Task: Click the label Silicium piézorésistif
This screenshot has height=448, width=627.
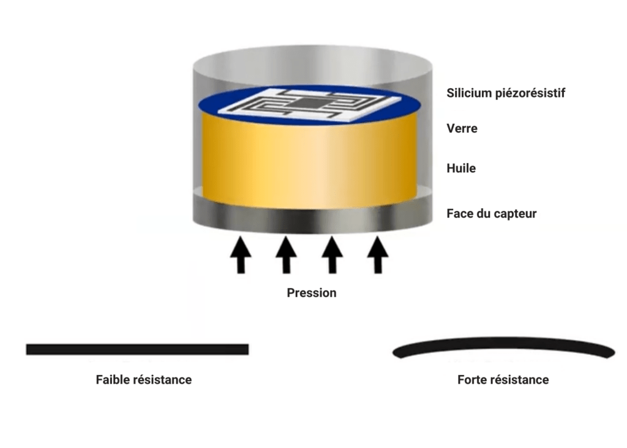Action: point(506,93)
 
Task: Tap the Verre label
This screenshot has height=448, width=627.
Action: point(462,129)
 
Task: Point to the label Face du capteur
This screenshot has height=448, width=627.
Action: point(492,214)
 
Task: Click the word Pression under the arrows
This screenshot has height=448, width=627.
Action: point(312,293)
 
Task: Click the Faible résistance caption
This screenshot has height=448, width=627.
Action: point(144,380)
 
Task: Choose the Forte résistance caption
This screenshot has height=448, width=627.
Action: point(503,380)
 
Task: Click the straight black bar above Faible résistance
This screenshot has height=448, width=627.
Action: point(137,349)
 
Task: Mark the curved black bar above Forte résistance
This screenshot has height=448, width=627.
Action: point(503,347)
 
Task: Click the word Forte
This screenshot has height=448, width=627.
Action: point(473,380)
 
